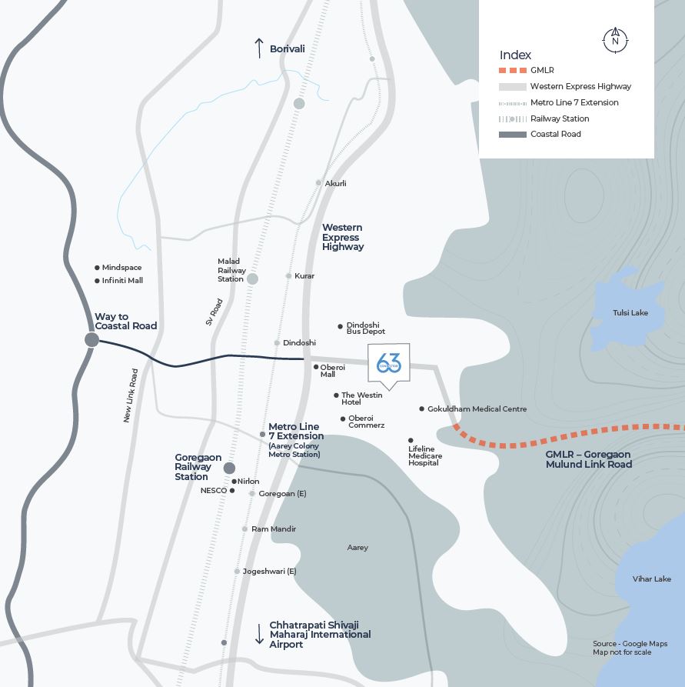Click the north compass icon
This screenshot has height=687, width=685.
coord(615,40)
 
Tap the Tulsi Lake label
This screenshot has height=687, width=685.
coord(630,312)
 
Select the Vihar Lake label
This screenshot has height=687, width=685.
coord(651,579)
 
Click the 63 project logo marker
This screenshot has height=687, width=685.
coord(388,364)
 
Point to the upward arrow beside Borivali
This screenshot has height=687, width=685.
coord(259,48)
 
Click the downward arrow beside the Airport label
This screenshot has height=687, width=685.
coord(259,634)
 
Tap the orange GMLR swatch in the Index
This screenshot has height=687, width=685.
coord(513,70)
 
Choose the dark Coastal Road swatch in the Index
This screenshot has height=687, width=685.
coord(513,135)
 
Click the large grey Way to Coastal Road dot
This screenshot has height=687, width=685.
coord(91,339)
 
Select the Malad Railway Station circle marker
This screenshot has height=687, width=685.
coord(252,278)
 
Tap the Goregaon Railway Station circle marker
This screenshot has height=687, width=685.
coord(229,468)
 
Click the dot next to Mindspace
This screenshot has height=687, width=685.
coord(97,268)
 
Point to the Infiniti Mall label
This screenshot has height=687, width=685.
coord(122,280)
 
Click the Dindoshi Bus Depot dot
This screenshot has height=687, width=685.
coord(340,326)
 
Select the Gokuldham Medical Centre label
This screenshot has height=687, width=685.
coord(477,409)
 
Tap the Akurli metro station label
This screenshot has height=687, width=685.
coord(335,184)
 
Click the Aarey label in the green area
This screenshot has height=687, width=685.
coord(357,548)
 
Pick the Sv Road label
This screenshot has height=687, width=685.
coord(214,312)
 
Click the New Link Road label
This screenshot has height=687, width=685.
coord(131,395)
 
